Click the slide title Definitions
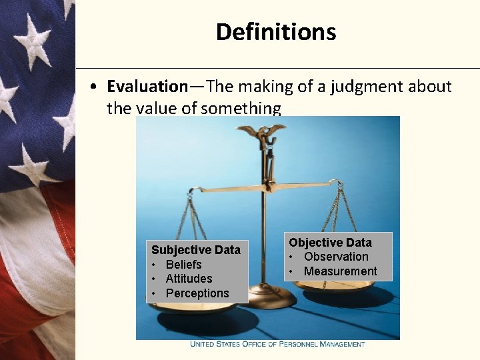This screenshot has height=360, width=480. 276,31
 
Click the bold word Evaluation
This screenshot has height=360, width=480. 147,87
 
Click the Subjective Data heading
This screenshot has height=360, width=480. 195,250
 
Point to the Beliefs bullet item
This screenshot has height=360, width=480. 183,265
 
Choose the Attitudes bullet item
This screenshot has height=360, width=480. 189,279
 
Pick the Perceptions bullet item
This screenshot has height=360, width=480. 197,293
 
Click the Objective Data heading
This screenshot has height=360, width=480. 330,243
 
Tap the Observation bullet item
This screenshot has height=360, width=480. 336,257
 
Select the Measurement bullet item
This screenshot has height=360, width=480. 340,271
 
